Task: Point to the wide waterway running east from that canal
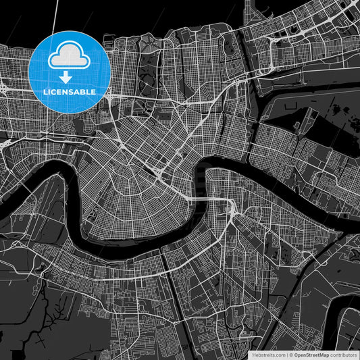[x=304, y=95]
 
